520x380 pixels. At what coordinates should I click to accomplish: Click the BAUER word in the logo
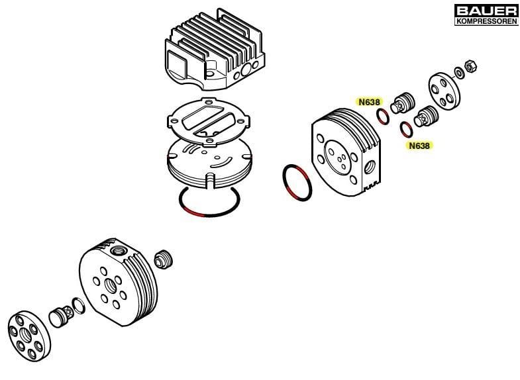coord(486,11)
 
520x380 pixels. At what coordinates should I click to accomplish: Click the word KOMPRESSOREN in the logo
coord(486,21)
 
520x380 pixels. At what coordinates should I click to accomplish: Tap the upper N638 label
coord(369,102)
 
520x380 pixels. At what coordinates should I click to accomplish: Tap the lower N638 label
coord(419,146)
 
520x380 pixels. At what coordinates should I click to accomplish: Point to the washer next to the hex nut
coord(459,73)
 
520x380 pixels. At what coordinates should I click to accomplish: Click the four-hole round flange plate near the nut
coord(444,91)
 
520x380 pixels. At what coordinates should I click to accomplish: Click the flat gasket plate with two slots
coord(208,122)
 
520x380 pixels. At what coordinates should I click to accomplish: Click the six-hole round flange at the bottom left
coord(29,336)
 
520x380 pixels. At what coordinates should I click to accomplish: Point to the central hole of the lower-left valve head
coord(110,285)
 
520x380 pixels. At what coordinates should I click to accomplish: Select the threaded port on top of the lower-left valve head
coord(117,251)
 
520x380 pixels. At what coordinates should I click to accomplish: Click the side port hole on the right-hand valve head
coord(370,167)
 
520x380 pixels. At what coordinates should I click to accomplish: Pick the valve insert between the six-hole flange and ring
coord(62,316)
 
